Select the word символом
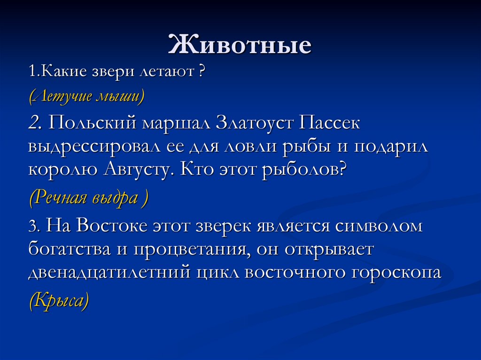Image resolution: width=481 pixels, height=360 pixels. pos(378,226)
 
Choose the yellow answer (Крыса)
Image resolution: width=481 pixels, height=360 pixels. pos(59,300)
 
